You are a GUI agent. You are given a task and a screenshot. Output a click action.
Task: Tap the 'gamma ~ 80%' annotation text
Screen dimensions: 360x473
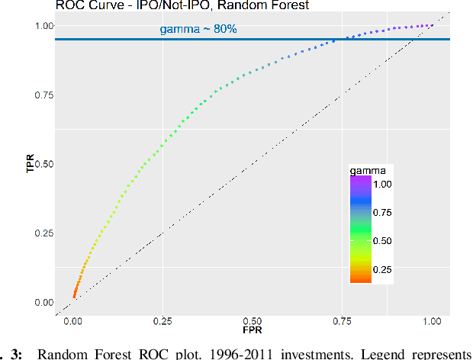pos(197,30)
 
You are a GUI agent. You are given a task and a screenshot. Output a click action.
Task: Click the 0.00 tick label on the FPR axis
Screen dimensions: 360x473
pos(74,322)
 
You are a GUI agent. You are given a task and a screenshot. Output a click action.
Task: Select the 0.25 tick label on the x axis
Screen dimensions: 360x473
pos(163,322)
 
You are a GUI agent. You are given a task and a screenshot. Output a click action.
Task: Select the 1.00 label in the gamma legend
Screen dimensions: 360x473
pos(383,184)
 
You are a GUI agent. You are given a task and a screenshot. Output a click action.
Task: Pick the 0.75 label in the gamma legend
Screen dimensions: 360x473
pos(383,212)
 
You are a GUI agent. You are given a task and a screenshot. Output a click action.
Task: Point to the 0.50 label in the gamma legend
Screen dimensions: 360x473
pos(383,241)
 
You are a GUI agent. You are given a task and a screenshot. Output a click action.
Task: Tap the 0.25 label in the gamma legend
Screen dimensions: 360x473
pos(383,269)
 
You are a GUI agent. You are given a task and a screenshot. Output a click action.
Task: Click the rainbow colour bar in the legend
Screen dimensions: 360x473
pos(360,229)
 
